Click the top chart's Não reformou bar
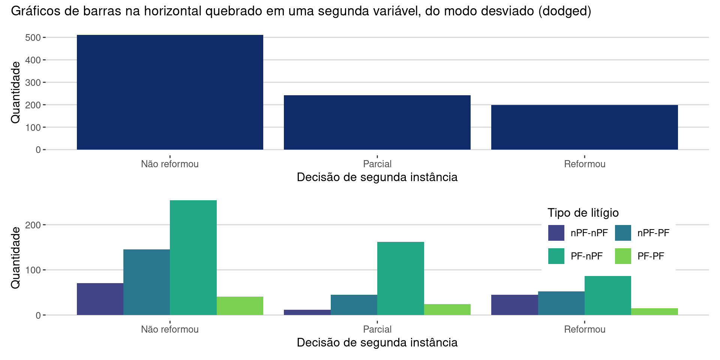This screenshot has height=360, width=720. click(170, 92)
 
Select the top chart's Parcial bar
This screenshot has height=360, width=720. click(377, 122)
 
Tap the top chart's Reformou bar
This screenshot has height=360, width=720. click(584, 127)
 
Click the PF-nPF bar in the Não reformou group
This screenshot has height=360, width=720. click(193, 258)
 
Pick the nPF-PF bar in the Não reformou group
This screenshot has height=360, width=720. click(147, 282)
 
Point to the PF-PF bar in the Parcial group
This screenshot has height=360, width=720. click(447, 309)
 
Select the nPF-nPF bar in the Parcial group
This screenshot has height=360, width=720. click(307, 312)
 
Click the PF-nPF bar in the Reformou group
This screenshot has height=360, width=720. click(607, 295)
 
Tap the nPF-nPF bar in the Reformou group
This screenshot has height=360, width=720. click(514, 304)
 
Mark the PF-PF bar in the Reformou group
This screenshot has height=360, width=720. click(654, 311)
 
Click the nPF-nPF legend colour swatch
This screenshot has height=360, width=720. click(556, 233)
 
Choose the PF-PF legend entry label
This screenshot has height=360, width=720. click(651, 256)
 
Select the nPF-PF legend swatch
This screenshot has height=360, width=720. click(623, 233)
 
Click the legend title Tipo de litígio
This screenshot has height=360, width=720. click(583, 213)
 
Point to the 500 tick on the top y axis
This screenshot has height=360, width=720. click(33, 37)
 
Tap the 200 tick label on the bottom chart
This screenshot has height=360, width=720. click(33, 225)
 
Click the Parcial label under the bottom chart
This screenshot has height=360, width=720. click(377, 329)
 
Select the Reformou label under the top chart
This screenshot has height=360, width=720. click(584, 164)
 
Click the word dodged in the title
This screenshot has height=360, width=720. click(564, 11)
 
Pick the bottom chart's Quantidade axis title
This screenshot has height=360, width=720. click(15, 258)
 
